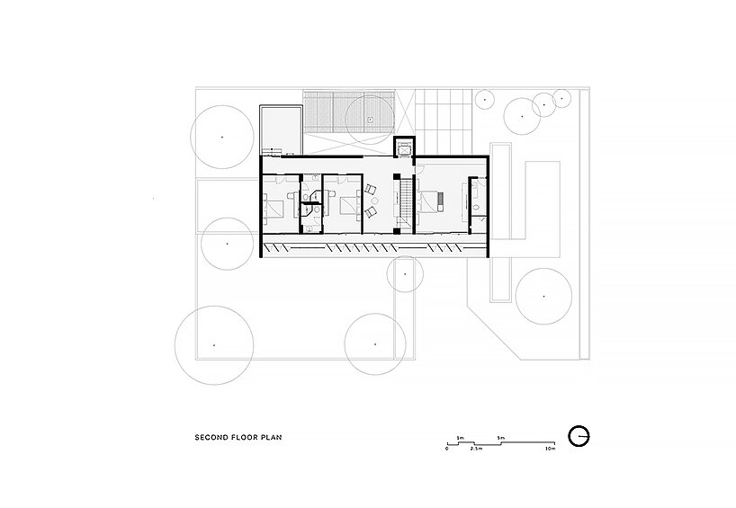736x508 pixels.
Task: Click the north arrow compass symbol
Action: pyautogui.click(x=579, y=435)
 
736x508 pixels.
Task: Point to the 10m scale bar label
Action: pyautogui.click(x=551, y=448)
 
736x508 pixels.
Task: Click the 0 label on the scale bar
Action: pyautogui.click(x=447, y=448)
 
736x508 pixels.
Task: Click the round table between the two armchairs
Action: pyautogui.click(x=377, y=200)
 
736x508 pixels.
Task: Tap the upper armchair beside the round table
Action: pyautogui.click(x=371, y=189)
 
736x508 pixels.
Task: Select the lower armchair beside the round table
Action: pyautogui.click(x=371, y=212)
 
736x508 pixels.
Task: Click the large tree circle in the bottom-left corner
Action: pyautogui.click(x=213, y=344)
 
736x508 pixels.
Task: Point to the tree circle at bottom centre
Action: pyautogui.click(x=375, y=343)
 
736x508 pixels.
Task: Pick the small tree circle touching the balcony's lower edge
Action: pyautogui.click(x=405, y=274)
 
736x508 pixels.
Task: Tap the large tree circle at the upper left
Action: pyautogui.click(x=223, y=136)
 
